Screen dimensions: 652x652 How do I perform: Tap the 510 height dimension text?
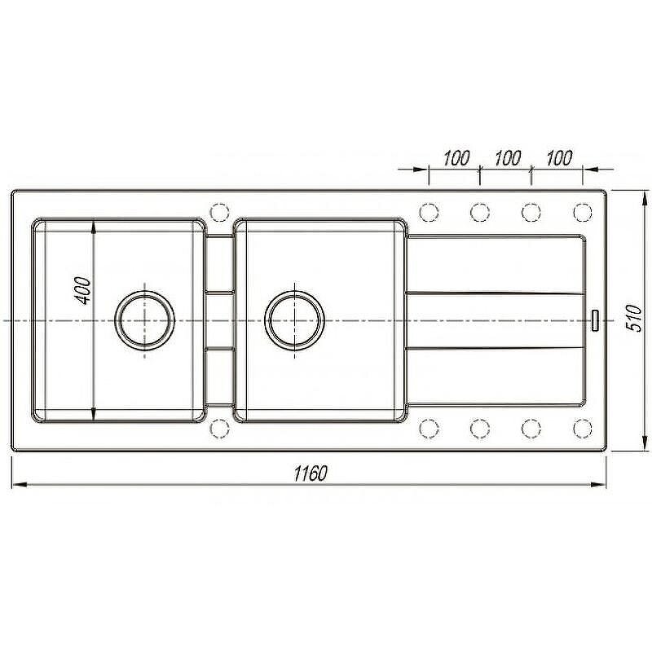634,318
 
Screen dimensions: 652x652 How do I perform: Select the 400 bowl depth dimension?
83,290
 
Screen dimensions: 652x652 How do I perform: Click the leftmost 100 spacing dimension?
456,158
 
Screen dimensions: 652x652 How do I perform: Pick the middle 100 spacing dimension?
507,158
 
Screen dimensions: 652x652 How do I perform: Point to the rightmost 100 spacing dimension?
558,158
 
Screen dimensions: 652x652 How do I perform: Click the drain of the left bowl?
145,320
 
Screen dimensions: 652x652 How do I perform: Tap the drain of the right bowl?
295,320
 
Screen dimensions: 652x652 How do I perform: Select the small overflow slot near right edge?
595,320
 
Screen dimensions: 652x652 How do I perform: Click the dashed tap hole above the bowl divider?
220,212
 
